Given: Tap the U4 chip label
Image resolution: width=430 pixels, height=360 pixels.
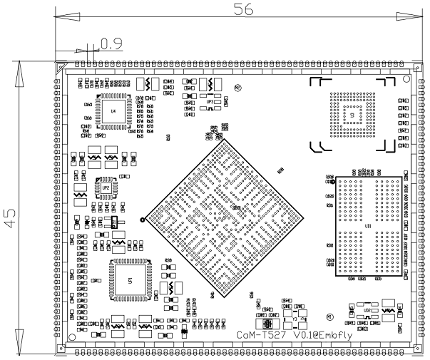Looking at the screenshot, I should point(113,112).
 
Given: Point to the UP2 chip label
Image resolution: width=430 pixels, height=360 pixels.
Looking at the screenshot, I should point(106,187).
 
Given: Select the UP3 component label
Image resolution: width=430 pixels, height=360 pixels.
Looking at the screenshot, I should point(211,102).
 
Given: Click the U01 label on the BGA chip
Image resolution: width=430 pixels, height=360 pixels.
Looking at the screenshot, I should point(367,227).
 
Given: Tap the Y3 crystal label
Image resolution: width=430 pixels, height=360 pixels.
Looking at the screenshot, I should point(295,319).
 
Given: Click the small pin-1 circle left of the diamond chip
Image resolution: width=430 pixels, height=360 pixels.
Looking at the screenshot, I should point(143,220).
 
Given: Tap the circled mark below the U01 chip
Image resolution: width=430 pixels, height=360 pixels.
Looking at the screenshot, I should point(329,317).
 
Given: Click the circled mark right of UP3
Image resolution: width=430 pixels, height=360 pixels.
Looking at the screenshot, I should point(238,87).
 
